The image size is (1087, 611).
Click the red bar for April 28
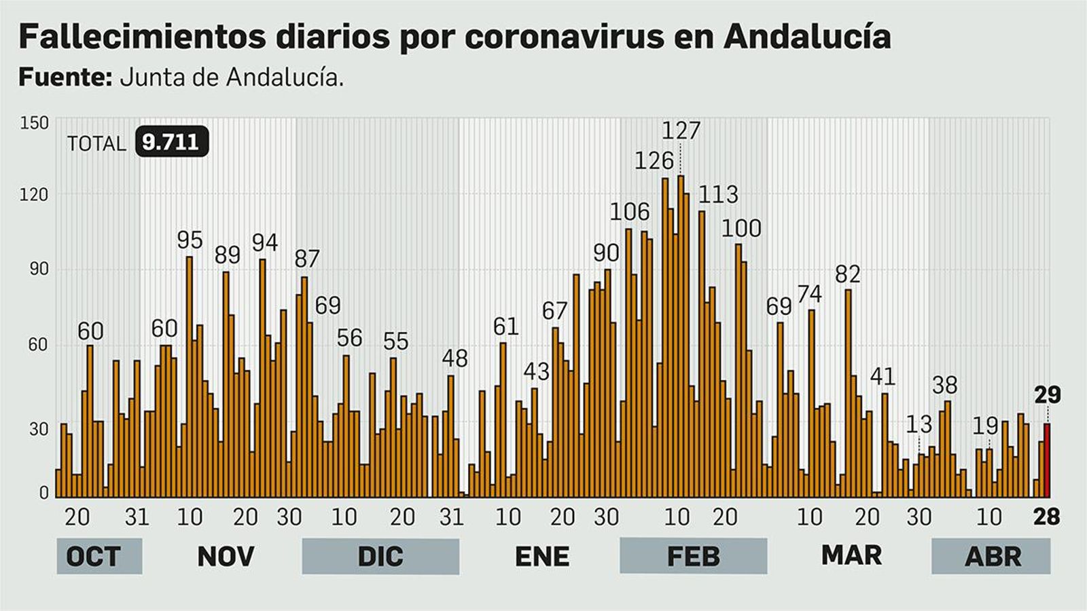1047,460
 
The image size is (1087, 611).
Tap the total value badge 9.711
171,142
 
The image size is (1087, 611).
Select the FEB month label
693,556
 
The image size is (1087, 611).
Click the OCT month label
93,556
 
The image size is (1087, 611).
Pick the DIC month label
380,556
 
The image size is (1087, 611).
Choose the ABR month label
993,556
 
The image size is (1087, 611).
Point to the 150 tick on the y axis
35,123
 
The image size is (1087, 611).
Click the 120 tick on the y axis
35,196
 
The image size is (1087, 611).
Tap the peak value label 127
681,130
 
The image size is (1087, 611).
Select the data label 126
654,161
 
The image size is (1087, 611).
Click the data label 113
718,195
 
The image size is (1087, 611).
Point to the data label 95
190,240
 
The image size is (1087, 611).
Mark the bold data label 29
1047,394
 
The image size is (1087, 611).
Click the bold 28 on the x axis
1046,517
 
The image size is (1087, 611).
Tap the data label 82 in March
847,274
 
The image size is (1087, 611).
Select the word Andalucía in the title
807,36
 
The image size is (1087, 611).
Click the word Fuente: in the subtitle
65,77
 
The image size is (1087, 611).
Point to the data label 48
455,358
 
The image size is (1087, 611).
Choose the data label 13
919,425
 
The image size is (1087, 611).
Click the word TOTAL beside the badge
96,143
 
